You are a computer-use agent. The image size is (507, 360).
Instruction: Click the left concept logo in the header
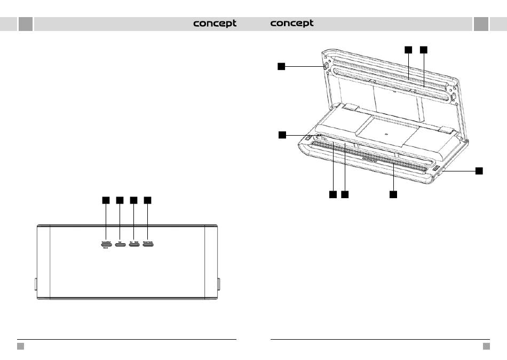click(215, 24)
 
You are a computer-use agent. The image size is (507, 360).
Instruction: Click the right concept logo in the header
click(292, 24)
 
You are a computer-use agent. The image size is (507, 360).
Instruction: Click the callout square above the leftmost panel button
click(106, 200)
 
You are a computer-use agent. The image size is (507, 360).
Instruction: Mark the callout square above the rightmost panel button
click(148, 200)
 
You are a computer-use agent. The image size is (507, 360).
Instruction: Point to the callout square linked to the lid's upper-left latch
click(281, 66)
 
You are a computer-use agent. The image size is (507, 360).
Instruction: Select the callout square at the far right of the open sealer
click(479, 170)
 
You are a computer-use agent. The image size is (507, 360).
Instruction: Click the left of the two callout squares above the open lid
click(408, 50)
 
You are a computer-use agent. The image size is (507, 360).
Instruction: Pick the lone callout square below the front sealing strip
click(393, 194)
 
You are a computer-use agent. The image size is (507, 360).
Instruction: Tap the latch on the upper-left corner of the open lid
click(324, 66)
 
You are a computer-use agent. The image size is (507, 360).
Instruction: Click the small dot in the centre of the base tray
click(386, 129)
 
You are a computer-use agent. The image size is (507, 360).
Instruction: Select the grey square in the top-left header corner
click(25, 24)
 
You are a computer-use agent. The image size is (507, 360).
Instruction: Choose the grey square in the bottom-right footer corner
click(486, 346)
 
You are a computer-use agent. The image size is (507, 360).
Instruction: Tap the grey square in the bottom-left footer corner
click(20, 346)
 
